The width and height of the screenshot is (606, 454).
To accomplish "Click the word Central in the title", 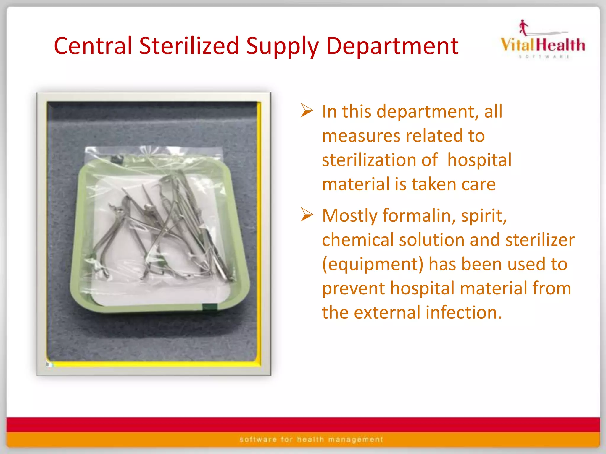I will (x=93, y=46).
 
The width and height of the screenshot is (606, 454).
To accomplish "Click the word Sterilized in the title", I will (x=189, y=46).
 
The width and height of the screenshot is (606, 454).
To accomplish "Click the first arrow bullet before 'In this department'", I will (x=307, y=111).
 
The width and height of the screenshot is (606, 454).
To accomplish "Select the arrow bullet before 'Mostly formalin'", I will (x=307, y=215).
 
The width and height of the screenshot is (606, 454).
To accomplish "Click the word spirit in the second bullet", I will (x=483, y=215).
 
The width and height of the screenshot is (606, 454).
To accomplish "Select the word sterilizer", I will (x=540, y=240).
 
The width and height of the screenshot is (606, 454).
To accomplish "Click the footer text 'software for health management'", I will (x=311, y=440).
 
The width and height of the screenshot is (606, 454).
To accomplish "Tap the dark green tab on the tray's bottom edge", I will (x=210, y=307).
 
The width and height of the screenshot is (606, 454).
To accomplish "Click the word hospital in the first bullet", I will (x=479, y=160).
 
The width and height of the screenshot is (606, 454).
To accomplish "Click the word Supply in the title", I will (x=282, y=46).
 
